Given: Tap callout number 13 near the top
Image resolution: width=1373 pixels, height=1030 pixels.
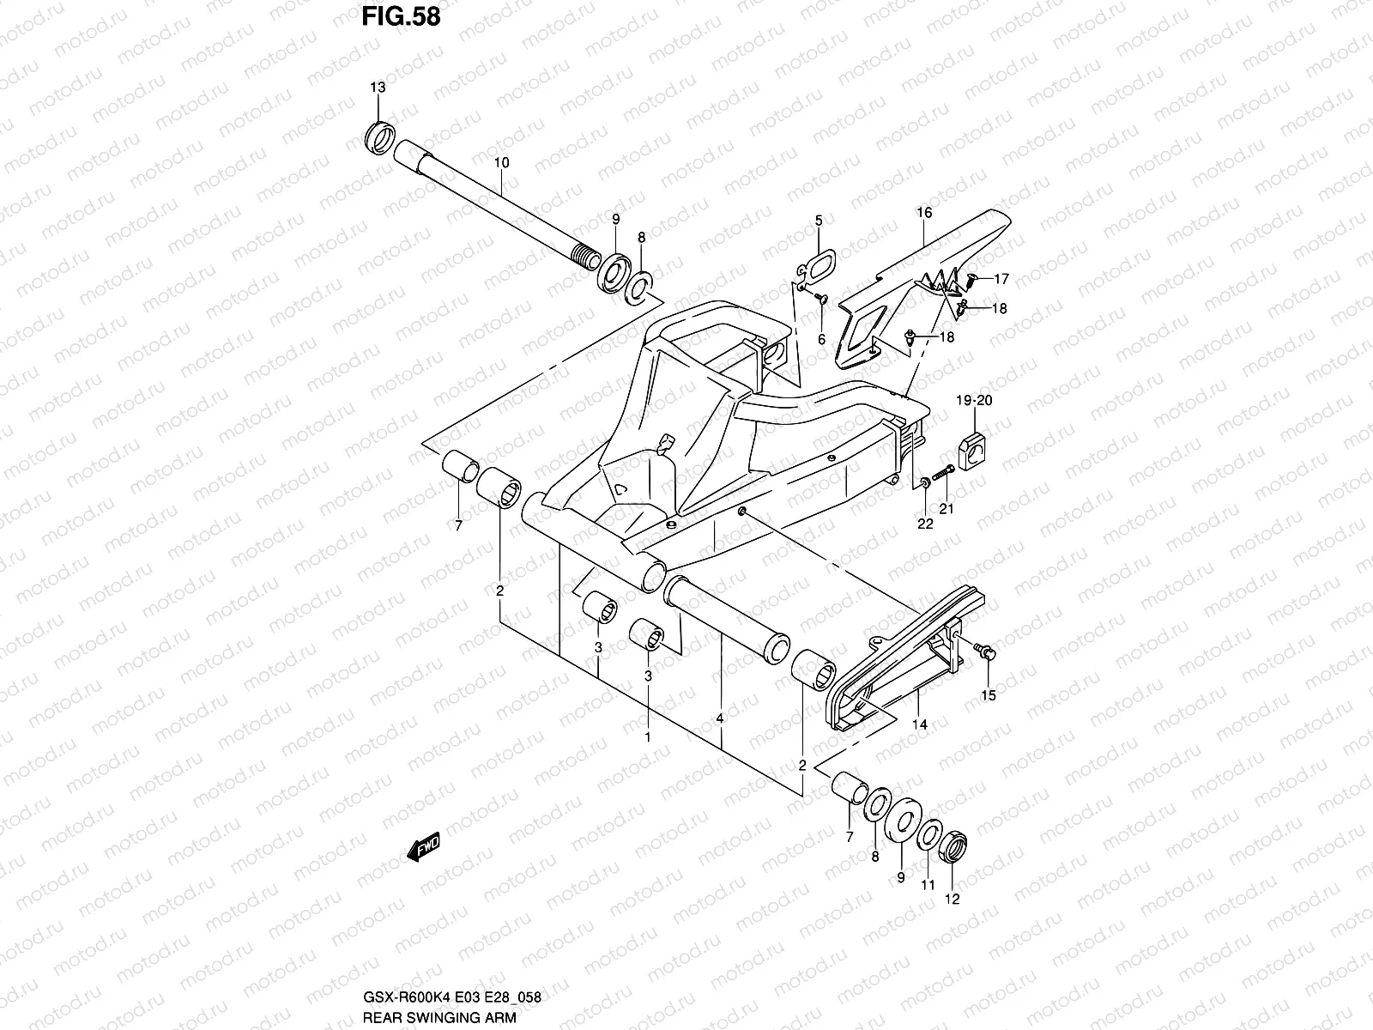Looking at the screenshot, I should click(x=378, y=88).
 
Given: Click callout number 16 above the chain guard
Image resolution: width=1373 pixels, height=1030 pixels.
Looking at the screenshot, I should click(x=923, y=212).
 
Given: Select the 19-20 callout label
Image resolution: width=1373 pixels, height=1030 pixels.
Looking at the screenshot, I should click(x=974, y=401).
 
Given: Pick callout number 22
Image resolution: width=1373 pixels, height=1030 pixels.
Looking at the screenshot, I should click(x=925, y=524).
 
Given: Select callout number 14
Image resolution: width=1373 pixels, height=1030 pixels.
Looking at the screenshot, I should click(x=921, y=724).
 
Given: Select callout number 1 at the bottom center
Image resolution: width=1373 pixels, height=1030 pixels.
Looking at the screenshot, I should click(x=648, y=736).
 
